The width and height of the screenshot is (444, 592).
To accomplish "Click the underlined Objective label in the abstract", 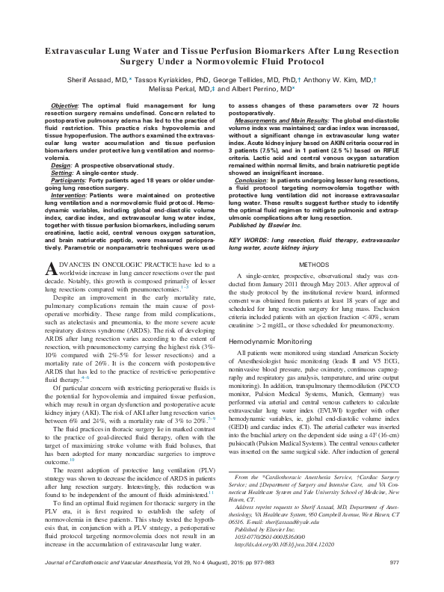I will tap(63, 108).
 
